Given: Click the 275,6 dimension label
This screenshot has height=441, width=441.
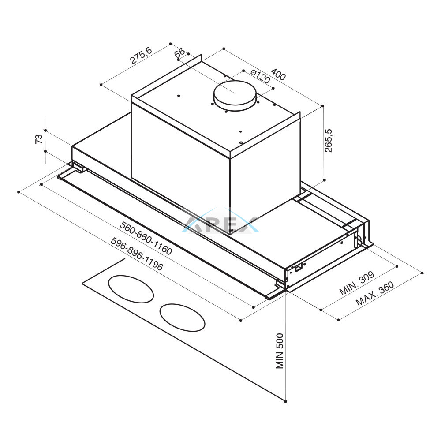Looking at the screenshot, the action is click(141, 55).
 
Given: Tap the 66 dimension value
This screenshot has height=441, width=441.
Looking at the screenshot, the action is click(179, 52).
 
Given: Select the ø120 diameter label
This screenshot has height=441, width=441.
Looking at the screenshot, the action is click(260, 76).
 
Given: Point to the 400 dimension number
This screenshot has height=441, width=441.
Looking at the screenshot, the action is click(279, 74).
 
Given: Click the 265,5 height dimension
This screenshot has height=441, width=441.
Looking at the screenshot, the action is click(328, 141).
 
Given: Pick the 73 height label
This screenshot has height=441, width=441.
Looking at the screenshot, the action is click(39, 139).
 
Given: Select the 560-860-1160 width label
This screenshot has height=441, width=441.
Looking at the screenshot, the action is click(146, 238).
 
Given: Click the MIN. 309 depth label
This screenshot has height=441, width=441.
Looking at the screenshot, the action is click(357, 283).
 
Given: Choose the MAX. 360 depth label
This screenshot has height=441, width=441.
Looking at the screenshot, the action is click(374, 293).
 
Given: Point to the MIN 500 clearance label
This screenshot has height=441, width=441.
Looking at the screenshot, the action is click(280, 351).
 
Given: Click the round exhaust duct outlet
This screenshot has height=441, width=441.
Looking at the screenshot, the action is click(235, 96).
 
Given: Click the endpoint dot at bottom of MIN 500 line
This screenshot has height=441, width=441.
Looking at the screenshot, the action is click(286, 401).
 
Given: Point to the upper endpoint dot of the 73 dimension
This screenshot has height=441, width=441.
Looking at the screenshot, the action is click(45, 131).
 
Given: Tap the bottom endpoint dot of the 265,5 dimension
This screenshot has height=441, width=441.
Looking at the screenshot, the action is click(325, 180).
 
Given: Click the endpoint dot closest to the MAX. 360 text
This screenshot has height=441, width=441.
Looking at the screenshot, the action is click(338, 320).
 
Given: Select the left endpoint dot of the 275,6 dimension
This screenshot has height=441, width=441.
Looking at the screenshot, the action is click(101, 84).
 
